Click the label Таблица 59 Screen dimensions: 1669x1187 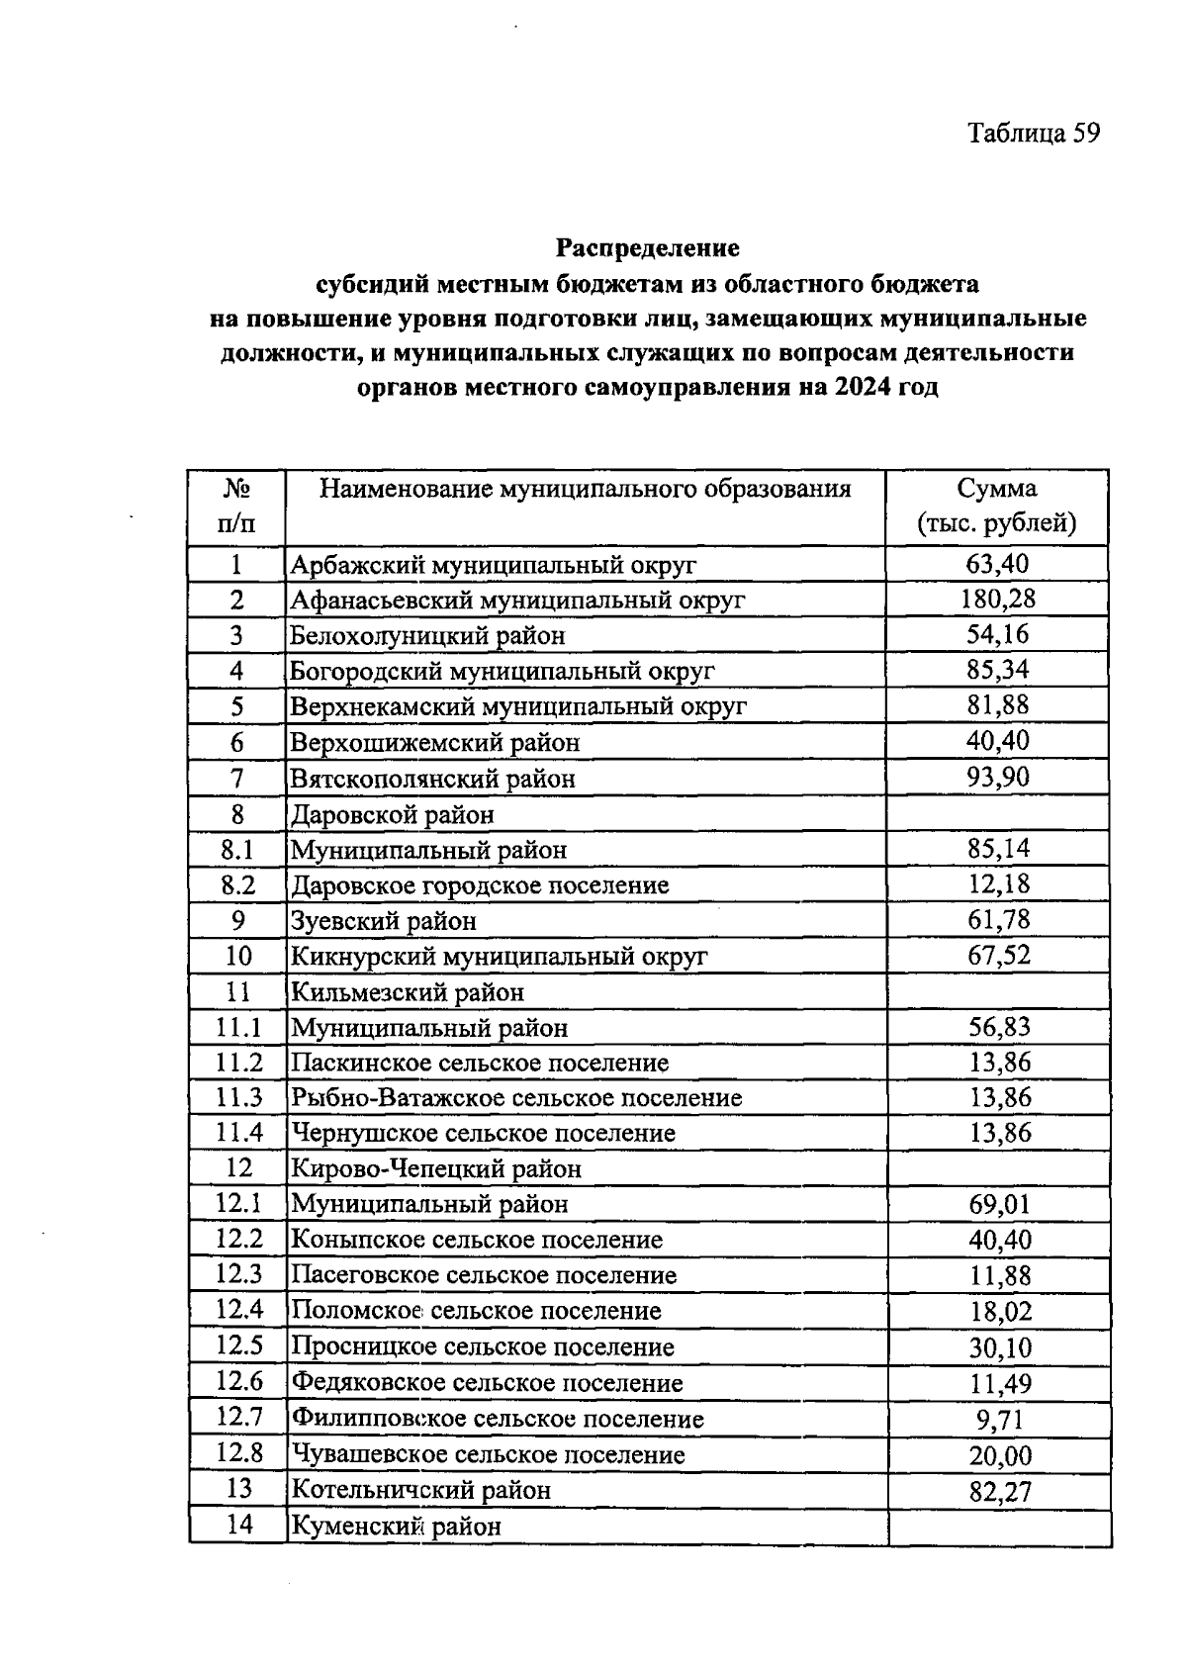coord(1033,134)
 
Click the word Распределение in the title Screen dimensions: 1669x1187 coord(647,246)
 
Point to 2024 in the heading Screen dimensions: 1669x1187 coord(861,387)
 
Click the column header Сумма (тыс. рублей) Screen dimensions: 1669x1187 coord(996,506)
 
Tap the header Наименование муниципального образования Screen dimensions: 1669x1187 coord(585,489)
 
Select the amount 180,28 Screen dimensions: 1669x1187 coord(998,599)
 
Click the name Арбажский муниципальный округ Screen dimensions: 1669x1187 coord(493,565)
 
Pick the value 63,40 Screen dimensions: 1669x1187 coord(998,563)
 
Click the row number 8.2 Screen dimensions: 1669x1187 coord(237,885)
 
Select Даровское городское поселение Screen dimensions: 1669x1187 coord(479,885)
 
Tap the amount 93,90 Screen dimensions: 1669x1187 coord(998,777)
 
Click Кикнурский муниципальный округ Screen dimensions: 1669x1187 coord(499,957)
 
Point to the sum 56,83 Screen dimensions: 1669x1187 coord(999,1027)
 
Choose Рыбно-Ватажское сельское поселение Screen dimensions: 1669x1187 coord(515,1098)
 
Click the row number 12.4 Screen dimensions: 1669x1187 coord(239,1310)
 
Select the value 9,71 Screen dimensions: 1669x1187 coord(1000,1420)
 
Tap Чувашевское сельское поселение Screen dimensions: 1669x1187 coord(487,1455)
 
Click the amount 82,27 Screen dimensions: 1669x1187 coord(1000,1491)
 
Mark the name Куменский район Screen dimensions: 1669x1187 coord(396,1527)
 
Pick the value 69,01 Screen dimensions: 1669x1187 coord(999,1204)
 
